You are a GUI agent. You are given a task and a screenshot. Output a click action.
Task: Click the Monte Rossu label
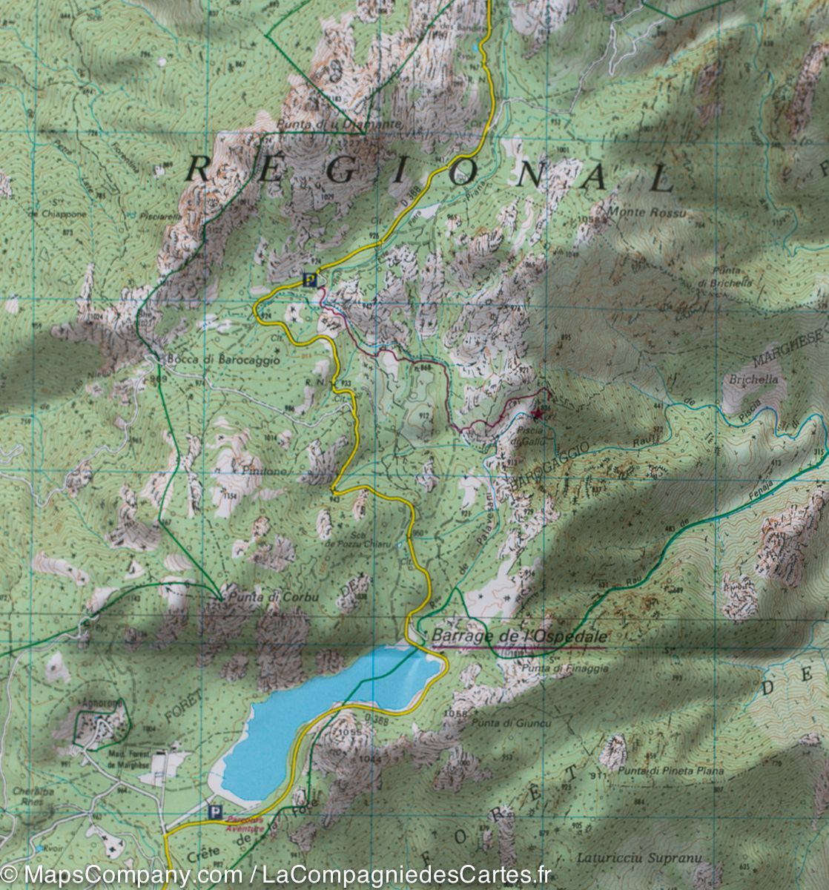[646, 213]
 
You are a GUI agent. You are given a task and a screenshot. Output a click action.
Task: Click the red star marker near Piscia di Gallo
[538, 415]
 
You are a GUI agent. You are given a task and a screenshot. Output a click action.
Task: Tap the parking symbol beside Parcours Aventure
[216, 812]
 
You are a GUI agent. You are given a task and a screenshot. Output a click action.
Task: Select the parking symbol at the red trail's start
[310, 280]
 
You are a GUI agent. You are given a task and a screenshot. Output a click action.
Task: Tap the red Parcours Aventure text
[245, 824]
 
